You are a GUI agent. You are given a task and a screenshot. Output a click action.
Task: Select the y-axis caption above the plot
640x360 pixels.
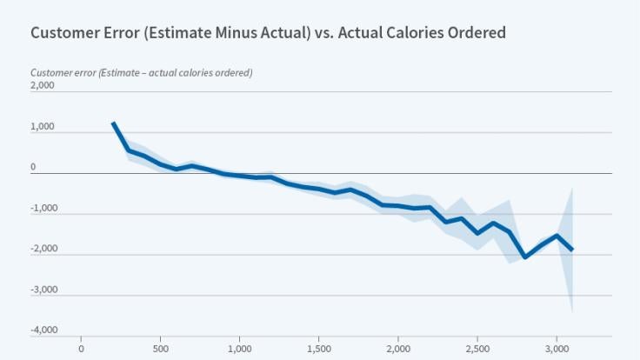coord(141,72)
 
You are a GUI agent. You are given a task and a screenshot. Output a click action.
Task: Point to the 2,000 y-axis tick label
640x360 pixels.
coord(42,86)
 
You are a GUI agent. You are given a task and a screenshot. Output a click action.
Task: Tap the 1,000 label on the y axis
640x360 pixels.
coord(42,127)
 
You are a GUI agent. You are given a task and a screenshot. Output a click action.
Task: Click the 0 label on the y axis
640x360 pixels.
coord(34,167)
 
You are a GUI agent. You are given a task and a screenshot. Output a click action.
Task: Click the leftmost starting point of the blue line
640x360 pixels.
coord(113,123)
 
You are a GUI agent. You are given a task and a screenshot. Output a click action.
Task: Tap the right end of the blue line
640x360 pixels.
coord(571,250)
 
